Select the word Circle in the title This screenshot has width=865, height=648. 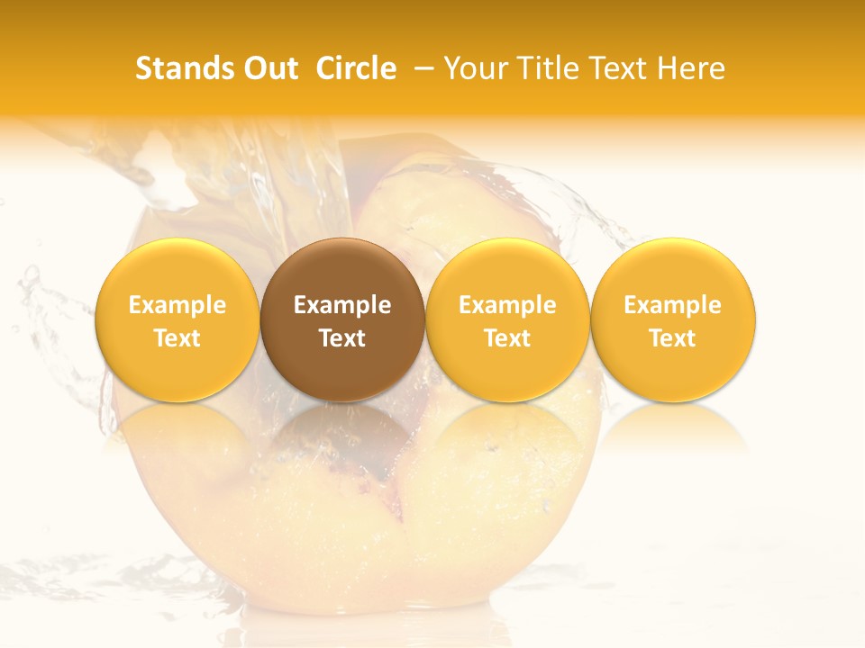point(356,68)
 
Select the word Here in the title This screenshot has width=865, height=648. point(691,68)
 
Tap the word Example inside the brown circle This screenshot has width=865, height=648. point(342,305)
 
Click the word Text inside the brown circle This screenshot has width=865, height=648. point(342,338)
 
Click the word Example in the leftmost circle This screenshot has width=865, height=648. point(178,305)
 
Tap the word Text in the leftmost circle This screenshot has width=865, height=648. point(178,338)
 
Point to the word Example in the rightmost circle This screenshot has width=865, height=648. point(673,305)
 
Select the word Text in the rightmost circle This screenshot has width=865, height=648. point(673,338)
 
